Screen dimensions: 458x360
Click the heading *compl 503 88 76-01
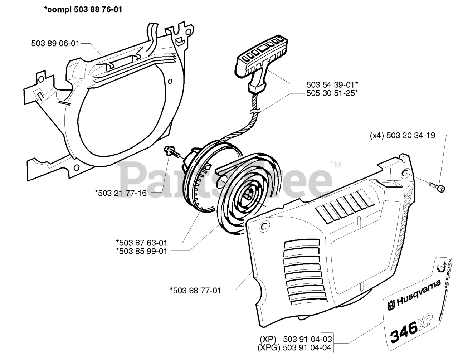point(83,10)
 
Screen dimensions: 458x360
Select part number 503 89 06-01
point(55,43)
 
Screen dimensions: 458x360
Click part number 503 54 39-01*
point(332,84)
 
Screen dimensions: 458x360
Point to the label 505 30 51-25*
point(332,93)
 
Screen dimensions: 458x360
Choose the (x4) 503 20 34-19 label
point(403,135)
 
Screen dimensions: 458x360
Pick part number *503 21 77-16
point(121,193)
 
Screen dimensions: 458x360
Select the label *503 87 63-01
point(141,243)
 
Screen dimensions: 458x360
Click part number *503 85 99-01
point(141,251)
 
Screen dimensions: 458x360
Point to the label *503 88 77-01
point(195,291)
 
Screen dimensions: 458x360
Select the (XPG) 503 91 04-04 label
point(294,347)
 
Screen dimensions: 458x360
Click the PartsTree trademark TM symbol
point(336,165)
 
